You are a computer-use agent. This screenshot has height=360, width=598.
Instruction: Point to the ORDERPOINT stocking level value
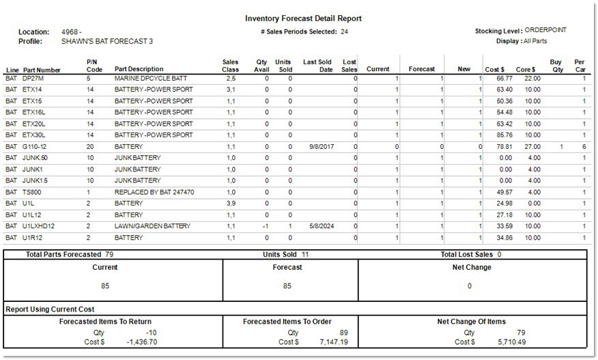pyautogui.click(x=546, y=31)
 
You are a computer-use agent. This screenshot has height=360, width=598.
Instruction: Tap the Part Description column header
pyautogui.click(x=139, y=69)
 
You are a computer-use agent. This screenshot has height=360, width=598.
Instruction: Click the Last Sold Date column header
pyautogui.click(x=317, y=66)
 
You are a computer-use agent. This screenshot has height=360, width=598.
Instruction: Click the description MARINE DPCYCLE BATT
pyautogui.click(x=149, y=79)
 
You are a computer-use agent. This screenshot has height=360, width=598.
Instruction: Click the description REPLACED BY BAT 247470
pyautogui.click(x=154, y=192)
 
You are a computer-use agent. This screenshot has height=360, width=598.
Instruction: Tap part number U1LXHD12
pyautogui.click(x=38, y=226)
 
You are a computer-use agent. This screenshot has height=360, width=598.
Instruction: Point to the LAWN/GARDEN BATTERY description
pyautogui.click(x=153, y=226)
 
